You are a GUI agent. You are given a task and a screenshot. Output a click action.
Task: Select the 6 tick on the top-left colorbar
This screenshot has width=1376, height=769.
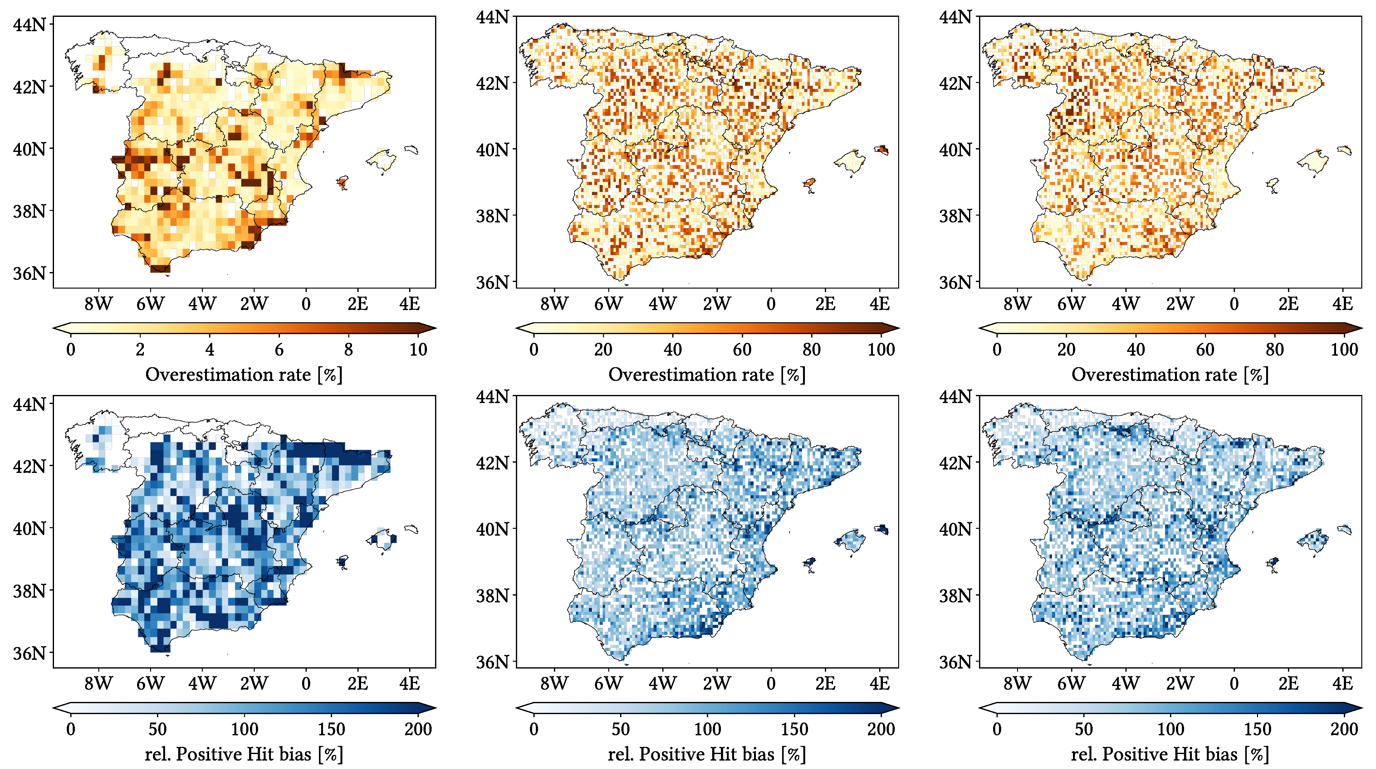(279, 349)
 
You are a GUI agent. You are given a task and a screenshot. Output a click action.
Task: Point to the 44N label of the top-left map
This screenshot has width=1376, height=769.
(29, 25)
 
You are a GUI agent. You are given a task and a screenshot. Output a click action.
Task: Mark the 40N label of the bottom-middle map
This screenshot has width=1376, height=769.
(492, 529)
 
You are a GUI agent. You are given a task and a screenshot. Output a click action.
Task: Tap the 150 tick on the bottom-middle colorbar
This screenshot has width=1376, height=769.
(794, 729)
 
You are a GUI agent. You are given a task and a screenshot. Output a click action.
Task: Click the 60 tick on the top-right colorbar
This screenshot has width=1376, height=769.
(1205, 349)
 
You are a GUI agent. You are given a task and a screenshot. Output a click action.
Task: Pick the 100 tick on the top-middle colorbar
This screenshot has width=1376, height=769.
(881, 349)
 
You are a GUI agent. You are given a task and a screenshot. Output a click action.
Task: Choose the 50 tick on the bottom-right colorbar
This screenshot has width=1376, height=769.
(1084, 729)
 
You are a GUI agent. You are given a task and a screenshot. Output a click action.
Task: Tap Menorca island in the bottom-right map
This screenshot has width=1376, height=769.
(1344, 529)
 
